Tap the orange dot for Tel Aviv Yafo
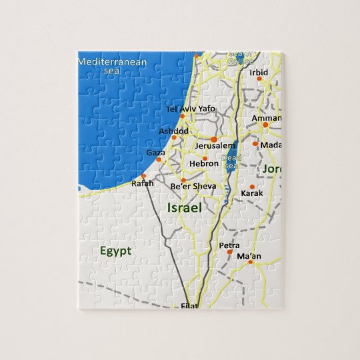(x=182, y=116)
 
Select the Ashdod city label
(x=173, y=131)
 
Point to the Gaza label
(x=155, y=153)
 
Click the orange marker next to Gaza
(x=159, y=160)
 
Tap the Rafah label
(x=143, y=183)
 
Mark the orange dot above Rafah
(x=143, y=176)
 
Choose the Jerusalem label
(x=215, y=145)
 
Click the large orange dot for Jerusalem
(x=213, y=139)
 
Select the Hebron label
(x=204, y=163)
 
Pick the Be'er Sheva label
(x=193, y=186)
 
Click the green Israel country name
(x=184, y=209)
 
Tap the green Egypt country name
(x=116, y=251)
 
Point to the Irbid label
(x=259, y=73)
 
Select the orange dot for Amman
(x=265, y=125)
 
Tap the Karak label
(x=252, y=193)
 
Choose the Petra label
(x=229, y=245)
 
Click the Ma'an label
(x=249, y=255)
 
